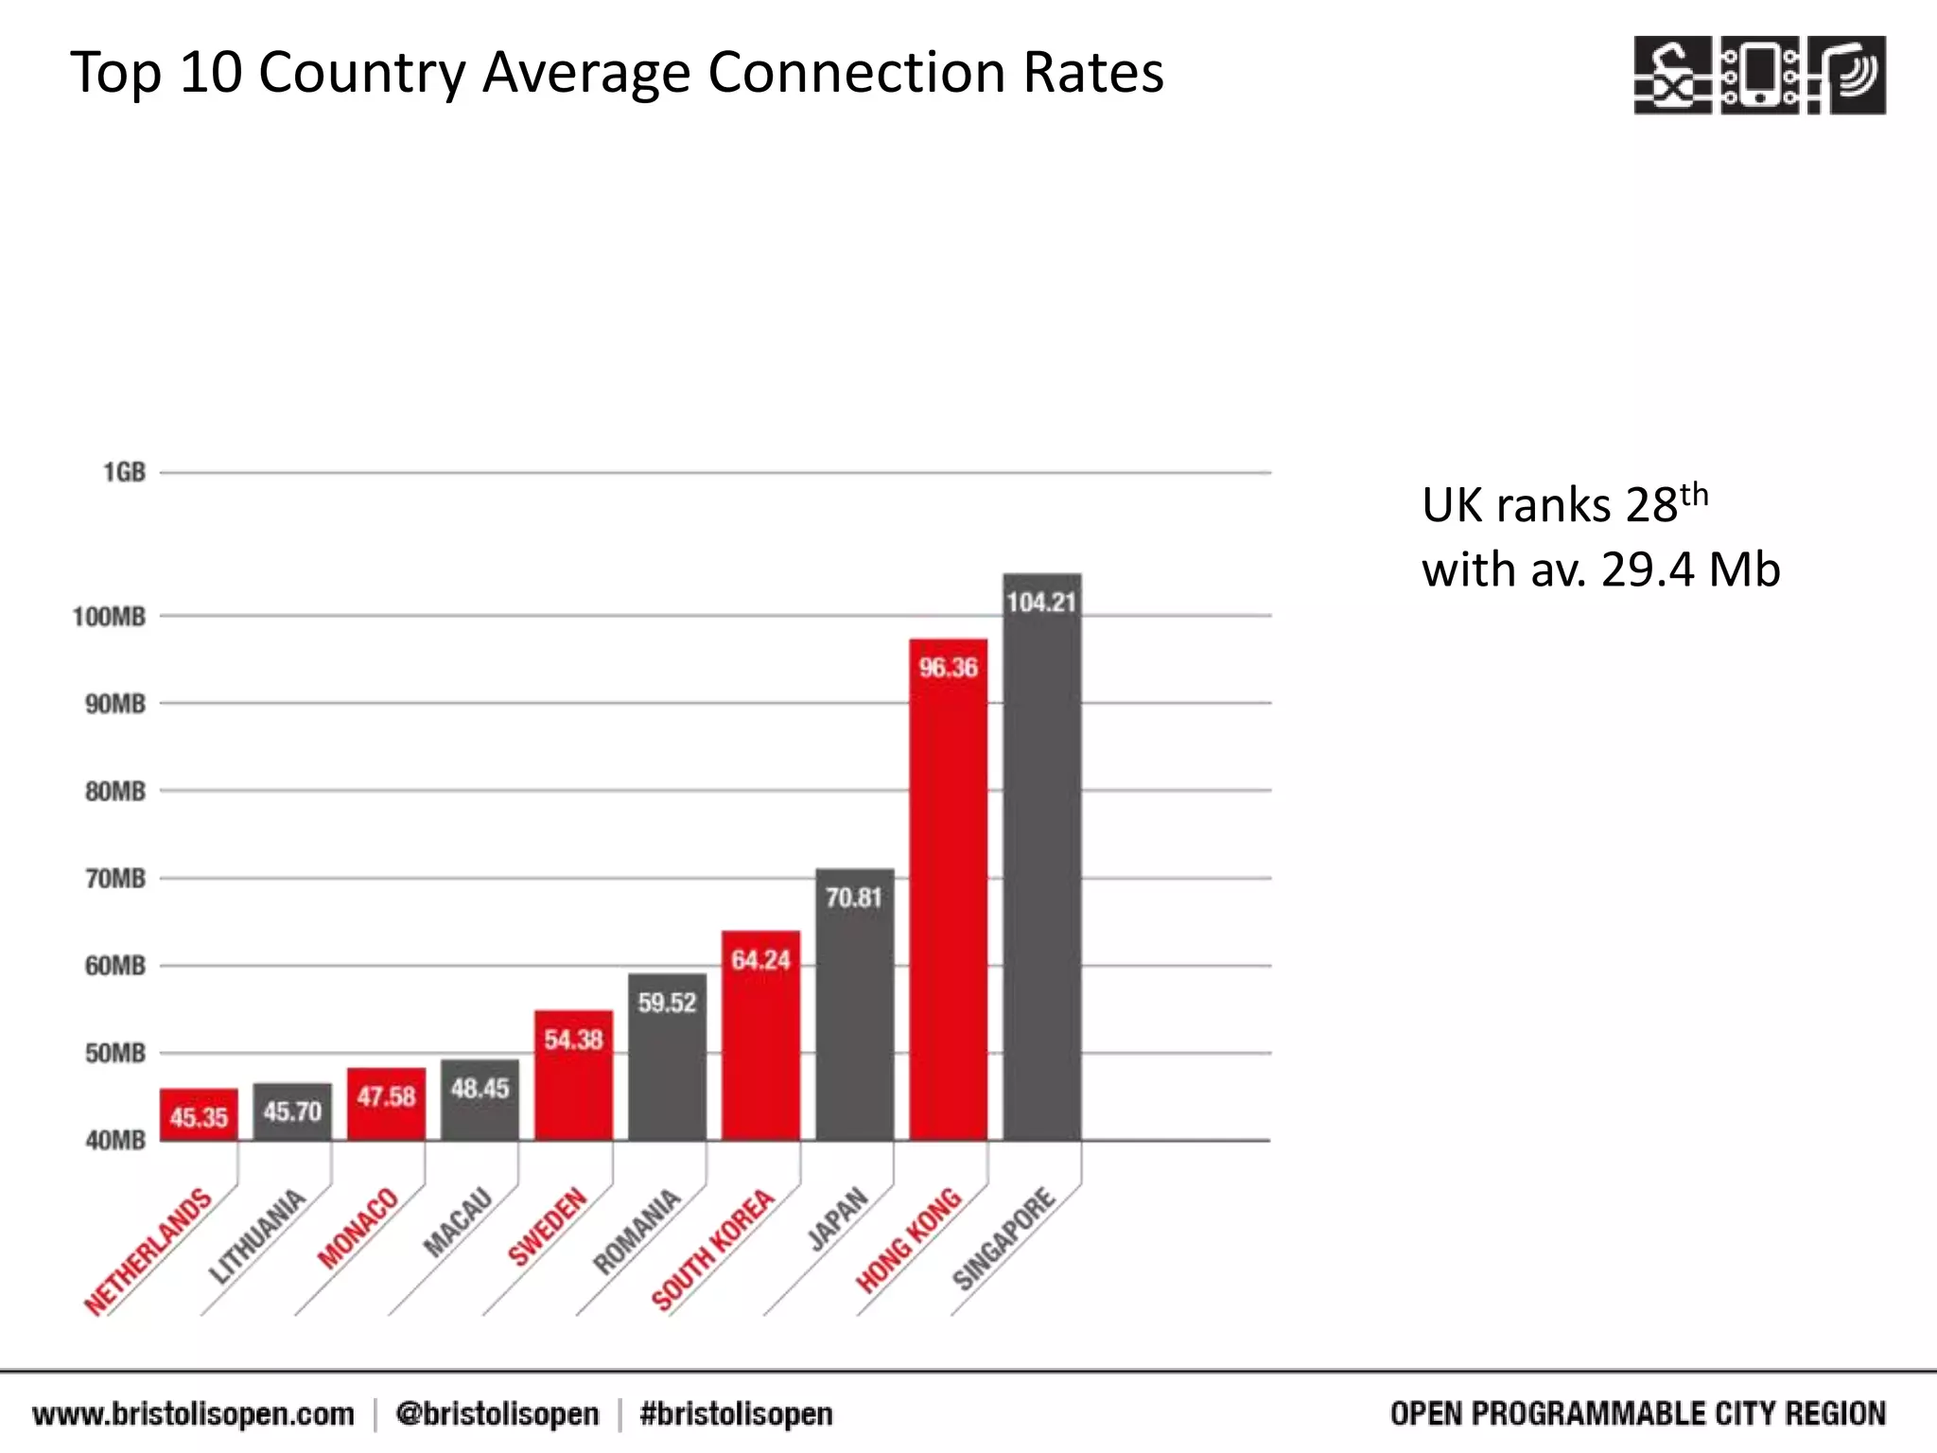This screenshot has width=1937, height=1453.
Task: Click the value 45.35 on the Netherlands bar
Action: click(x=199, y=1118)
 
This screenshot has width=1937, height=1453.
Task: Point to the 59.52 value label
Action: click(x=667, y=1003)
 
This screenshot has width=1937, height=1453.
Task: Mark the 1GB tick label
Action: click(x=124, y=472)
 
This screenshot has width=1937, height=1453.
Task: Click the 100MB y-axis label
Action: click(x=110, y=617)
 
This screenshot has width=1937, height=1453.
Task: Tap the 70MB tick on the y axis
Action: click(x=115, y=879)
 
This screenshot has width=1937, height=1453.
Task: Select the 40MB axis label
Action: click(x=115, y=1141)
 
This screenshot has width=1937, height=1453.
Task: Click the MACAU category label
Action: click(x=458, y=1222)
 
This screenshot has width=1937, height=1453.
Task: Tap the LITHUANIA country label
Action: click(x=256, y=1236)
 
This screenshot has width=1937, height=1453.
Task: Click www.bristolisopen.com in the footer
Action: click(x=193, y=1414)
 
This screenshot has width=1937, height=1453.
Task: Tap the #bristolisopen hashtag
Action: click(x=736, y=1414)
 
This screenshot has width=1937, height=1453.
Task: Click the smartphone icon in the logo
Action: click(x=1759, y=75)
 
